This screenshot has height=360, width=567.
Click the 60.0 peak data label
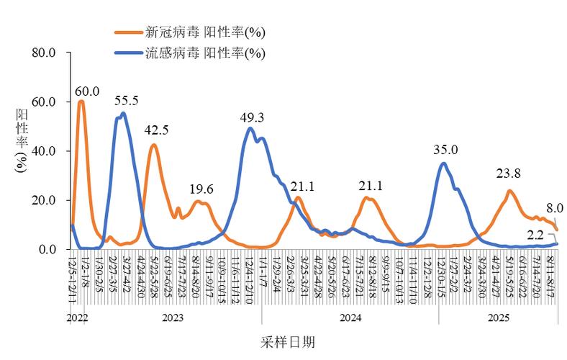tap(86, 91)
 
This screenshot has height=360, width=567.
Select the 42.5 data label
tap(156, 131)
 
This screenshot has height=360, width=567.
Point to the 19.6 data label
tap(201, 189)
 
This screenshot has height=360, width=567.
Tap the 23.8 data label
tap(509, 174)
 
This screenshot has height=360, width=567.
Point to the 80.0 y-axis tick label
tap(43, 53)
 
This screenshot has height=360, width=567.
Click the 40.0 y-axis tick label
tap(43, 151)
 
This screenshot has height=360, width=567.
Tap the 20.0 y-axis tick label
tap(43, 200)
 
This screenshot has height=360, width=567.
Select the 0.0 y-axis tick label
tap(46, 250)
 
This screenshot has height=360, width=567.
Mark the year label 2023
tap(173, 317)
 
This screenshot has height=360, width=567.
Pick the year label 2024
tap(350, 317)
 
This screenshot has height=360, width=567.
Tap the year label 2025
tap(499, 317)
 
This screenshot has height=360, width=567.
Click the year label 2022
tap(78, 317)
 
